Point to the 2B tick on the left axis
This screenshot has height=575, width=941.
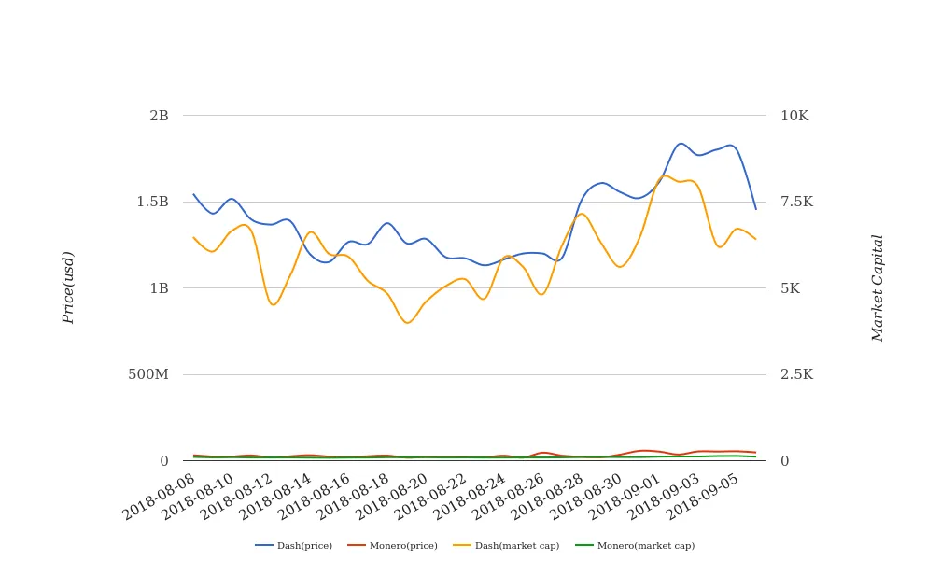159,116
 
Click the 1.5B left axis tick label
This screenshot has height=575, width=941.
153,202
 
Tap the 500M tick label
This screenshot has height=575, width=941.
148,374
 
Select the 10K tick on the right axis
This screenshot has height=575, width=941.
794,116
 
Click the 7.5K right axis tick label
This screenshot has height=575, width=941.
796,202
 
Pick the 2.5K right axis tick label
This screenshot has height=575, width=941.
796,374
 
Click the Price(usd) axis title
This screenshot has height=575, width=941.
68,287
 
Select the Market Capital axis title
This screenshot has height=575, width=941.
878,287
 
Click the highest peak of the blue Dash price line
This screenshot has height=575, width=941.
681,143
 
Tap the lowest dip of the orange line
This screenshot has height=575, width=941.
408,323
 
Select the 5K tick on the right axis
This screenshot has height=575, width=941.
790,288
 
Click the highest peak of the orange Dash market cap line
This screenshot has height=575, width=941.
665,175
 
